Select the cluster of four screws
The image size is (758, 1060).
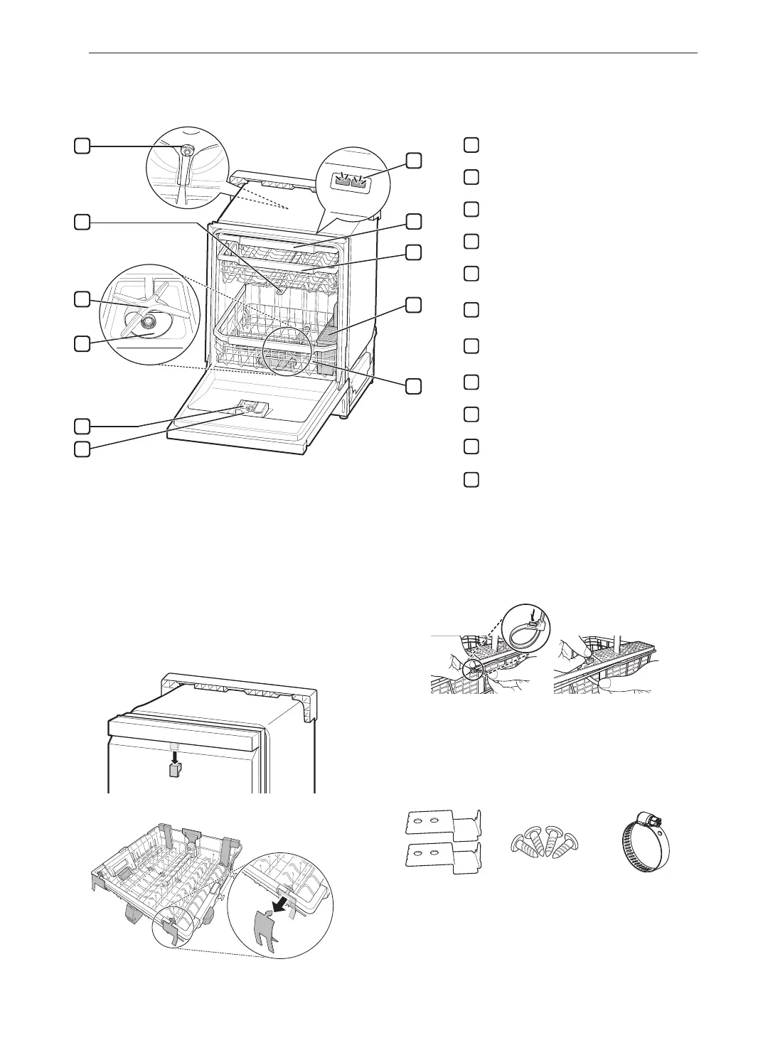pos(545,841)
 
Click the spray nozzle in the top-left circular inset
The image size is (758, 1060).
pos(186,151)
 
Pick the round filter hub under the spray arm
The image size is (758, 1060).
pos(148,323)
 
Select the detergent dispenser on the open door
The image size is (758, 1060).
pos(250,407)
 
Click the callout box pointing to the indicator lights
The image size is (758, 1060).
pos(413,160)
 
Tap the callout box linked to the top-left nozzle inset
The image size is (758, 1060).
pos(82,146)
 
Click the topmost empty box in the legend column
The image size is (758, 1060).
pos(470,144)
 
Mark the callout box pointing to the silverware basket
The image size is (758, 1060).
pos(413,305)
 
